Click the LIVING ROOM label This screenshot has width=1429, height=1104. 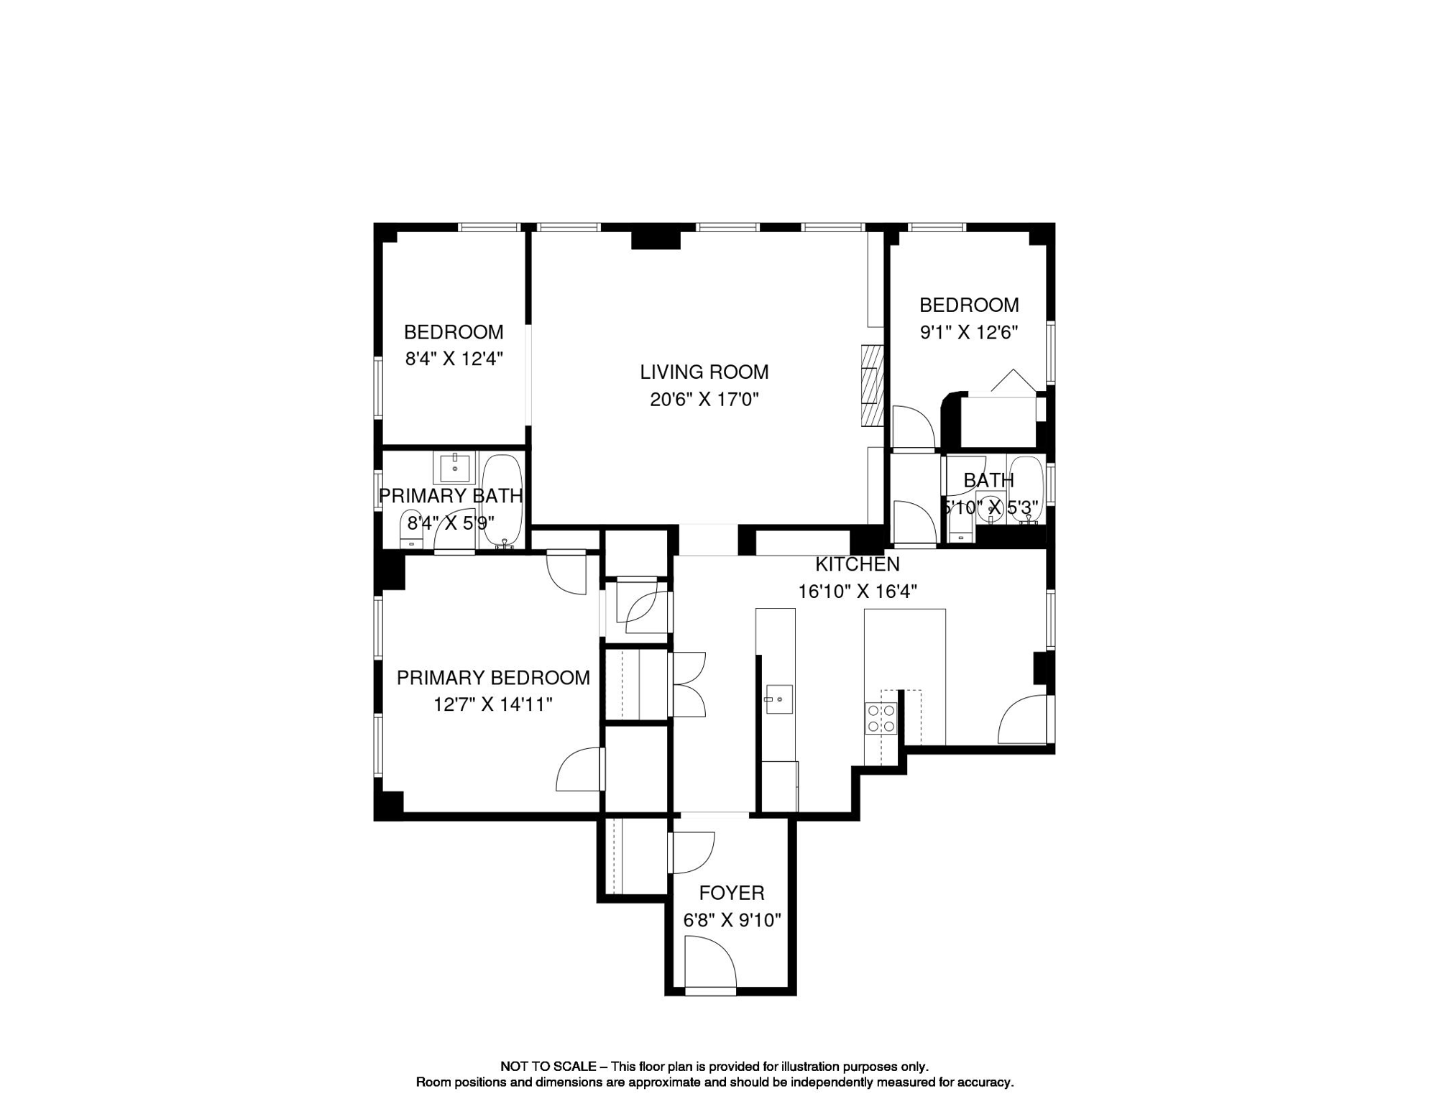[x=704, y=372]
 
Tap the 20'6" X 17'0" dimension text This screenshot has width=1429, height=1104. [x=704, y=399]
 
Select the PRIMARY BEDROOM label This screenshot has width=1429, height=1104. [x=493, y=677]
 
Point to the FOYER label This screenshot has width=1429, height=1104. [x=731, y=893]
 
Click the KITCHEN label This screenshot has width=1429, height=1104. [x=857, y=564]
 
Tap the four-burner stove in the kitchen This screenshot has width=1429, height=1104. [x=881, y=718]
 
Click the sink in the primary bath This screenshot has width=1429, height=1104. [x=454, y=468]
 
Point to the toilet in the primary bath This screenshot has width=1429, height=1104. [x=411, y=530]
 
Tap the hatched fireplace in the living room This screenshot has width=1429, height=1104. [x=872, y=385]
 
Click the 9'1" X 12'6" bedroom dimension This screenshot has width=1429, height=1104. [x=969, y=332]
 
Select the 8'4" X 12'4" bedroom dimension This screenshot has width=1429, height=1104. [x=454, y=359]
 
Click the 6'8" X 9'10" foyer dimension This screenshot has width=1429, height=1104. [x=731, y=920]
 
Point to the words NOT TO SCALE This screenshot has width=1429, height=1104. [x=548, y=1067]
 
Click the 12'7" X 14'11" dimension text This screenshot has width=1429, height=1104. [x=493, y=704]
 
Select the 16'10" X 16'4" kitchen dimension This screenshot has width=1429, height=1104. [x=857, y=592]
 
